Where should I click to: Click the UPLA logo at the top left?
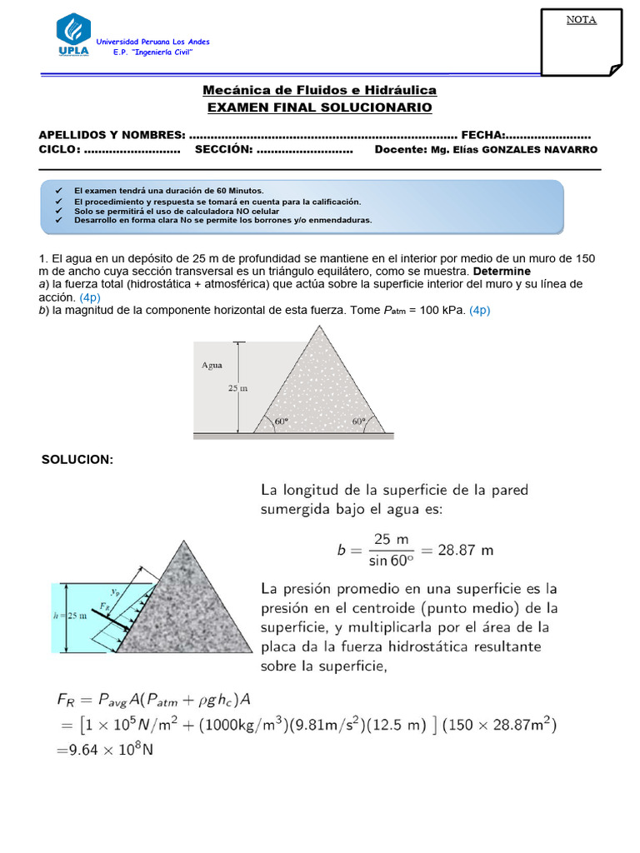tap(73, 35)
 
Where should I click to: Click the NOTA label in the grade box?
tap(581, 20)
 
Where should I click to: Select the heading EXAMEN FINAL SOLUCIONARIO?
tap(319, 107)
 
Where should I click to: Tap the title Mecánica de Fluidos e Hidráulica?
tap(319, 90)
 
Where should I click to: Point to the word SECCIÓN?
tap(223, 149)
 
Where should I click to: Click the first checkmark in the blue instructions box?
tap(58, 191)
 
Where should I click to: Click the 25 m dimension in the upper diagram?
tap(238, 387)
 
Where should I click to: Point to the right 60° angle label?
tap(358, 422)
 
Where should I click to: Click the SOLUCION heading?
tap(77, 460)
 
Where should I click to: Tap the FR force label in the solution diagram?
tap(103, 606)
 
